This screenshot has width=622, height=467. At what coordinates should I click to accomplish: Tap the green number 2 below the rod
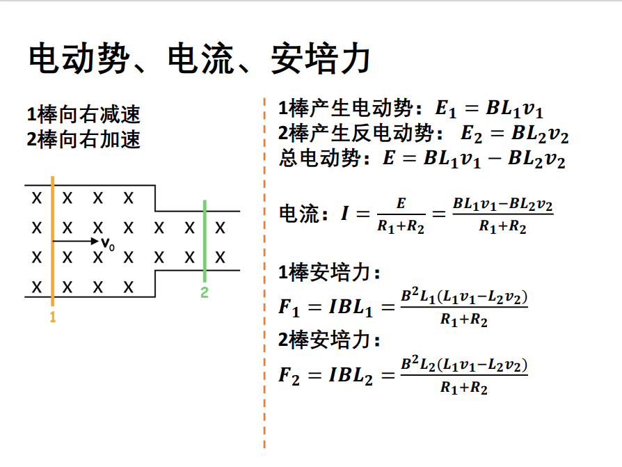pyautogui.click(x=205, y=292)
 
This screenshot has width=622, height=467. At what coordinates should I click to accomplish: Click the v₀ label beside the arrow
pyautogui.click(x=107, y=243)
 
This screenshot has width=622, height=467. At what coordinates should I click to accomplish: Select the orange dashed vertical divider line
pyautogui.click(x=265, y=278)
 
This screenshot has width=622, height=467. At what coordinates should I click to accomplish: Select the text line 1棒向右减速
pyautogui.click(x=83, y=114)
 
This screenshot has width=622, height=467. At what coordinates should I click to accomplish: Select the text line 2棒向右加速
pyautogui.click(x=83, y=139)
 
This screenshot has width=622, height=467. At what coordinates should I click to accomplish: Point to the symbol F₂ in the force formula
pyautogui.click(x=289, y=376)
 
